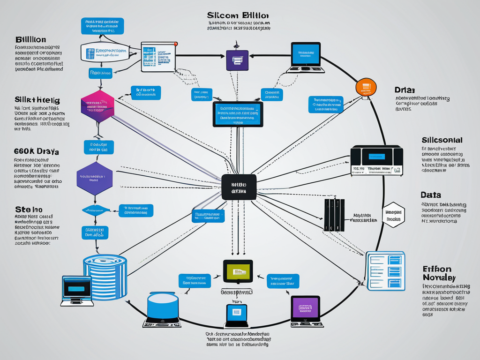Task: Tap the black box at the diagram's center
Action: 239,187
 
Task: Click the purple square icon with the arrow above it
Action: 237,60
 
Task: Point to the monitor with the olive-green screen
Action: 238,271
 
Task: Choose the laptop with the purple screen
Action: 305,308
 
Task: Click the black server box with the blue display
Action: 376,159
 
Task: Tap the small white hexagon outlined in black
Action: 394,215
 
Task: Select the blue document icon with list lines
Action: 385,270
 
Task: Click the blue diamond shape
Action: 96,210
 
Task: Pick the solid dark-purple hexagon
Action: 94,179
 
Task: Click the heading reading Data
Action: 431,195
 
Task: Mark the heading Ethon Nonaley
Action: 436,273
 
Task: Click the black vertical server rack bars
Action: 334,215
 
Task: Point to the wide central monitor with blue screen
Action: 238,114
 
